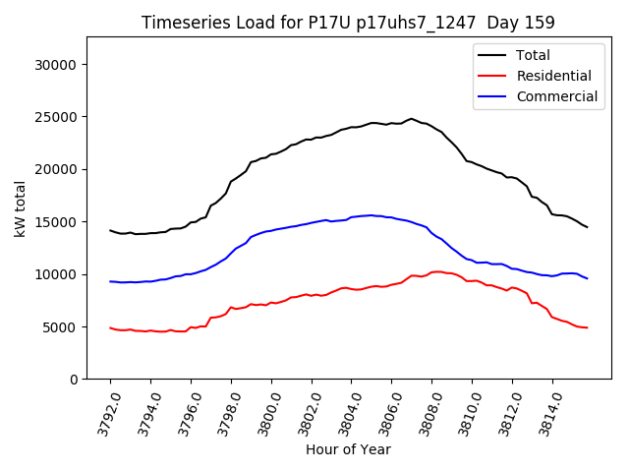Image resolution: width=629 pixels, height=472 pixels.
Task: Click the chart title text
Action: pyautogui.click(x=348, y=23)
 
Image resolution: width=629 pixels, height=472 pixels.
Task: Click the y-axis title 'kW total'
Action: pyautogui.click(x=21, y=208)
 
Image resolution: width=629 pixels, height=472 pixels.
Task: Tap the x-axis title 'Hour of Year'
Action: pyautogui.click(x=348, y=449)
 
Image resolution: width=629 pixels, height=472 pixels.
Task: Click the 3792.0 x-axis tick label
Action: pyautogui.click(x=102, y=411)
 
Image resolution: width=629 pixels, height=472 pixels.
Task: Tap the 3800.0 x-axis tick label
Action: pyautogui.click(x=263, y=411)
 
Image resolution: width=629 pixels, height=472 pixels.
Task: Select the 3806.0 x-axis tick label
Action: pyautogui.click(x=384, y=411)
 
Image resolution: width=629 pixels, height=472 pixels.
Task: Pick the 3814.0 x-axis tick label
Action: pyautogui.click(x=544, y=411)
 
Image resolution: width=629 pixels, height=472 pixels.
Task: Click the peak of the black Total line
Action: pyautogui.click(x=412, y=119)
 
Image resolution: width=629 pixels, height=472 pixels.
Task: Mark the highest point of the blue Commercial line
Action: pyautogui.click(x=372, y=215)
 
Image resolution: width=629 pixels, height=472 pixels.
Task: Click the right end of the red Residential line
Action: pyautogui.click(x=587, y=327)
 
